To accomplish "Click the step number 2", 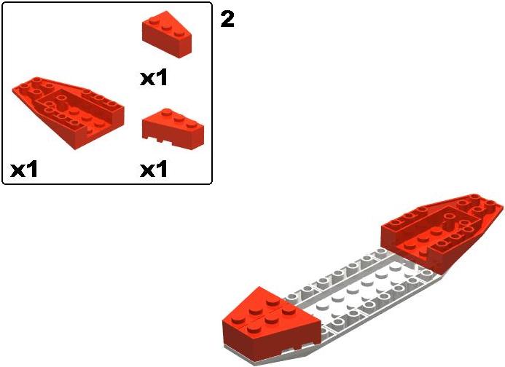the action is click(x=227, y=19).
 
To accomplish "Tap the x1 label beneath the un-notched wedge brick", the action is click(x=154, y=78).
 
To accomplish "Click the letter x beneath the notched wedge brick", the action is click(x=147, y=170).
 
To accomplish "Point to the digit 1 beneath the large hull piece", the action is click(x=32, y=169).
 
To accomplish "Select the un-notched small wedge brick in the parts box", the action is click(x=167, y=34).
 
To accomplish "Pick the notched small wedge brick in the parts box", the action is click(x=173, y=130).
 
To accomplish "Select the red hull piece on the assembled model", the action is click(x=442, y=232).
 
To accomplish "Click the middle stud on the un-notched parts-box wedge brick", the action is click(x=166, y=27).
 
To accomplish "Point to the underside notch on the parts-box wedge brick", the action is click(x=159, y=139).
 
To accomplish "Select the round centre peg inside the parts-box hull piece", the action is click(x=62, y=108).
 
